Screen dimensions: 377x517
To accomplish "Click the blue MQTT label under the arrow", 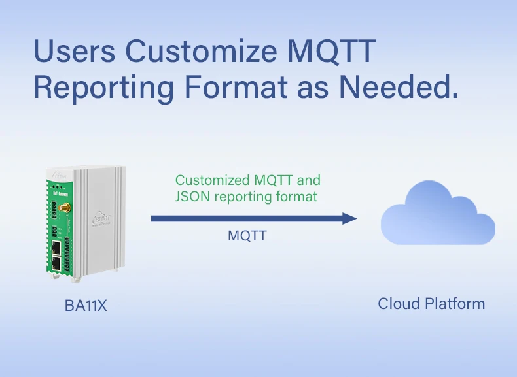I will [247, 236].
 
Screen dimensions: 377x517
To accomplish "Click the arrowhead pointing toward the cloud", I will [349, 218].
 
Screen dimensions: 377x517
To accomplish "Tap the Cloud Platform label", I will [431, 304].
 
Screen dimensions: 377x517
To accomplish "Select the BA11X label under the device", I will [85, 305].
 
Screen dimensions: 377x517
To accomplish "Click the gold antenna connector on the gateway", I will [65, 208].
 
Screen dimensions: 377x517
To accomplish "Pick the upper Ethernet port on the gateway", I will [57, 246].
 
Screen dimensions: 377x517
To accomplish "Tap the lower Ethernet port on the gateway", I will [57, 263].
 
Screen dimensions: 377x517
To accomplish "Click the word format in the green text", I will [298, 196].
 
